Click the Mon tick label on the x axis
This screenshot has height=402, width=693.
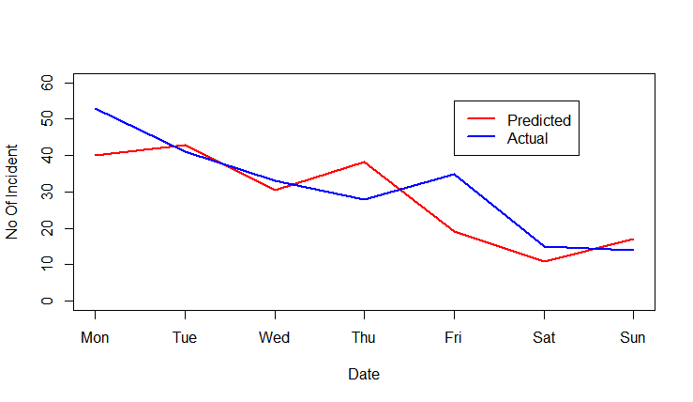95,337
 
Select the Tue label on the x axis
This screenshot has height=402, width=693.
185,337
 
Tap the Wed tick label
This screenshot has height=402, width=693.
275,337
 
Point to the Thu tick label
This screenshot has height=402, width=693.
364,337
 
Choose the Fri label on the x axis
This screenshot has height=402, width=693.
454,337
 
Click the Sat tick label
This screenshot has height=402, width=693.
544,337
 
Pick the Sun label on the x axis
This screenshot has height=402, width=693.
633,337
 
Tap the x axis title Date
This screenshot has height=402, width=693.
364,374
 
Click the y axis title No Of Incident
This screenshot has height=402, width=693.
13,192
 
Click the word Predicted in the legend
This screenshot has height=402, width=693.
538,120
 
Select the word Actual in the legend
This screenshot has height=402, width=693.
527,138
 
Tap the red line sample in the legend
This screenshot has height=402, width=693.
481,119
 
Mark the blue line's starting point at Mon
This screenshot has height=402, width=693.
95,109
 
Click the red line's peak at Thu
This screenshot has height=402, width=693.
364,162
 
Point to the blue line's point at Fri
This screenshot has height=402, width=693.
454,174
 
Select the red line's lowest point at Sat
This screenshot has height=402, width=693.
544,261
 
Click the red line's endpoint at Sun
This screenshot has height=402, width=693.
633,239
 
